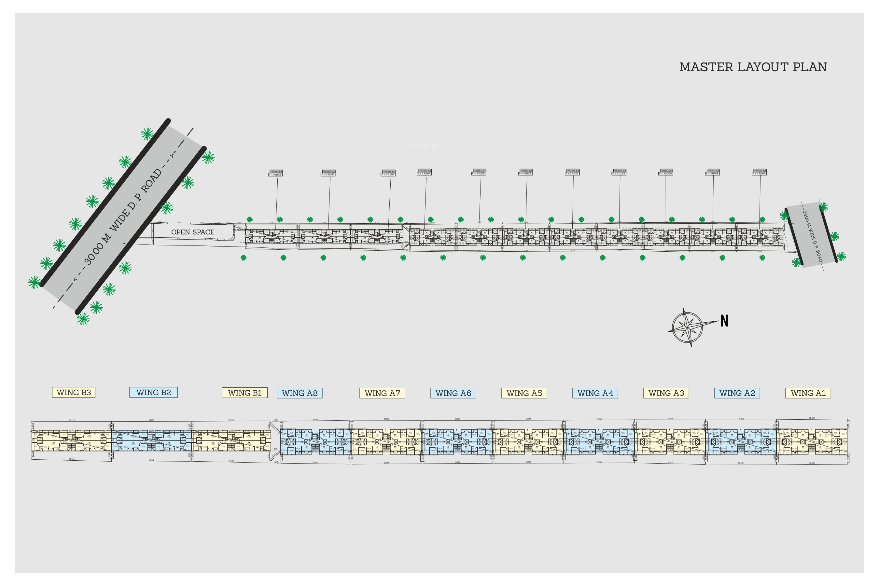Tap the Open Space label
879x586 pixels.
click(x=193, y=232)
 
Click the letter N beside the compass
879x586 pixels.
click(x=724, y=321)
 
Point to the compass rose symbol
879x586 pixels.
click(x=687, y=328)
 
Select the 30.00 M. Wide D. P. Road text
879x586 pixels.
click(x=123, y=217)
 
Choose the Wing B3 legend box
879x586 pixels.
click(x=74, y=392)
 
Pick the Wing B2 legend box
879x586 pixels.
click(x=153, y=392)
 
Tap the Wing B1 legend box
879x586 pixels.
click(x=245, y=393)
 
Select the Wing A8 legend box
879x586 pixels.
click(x=300, y=393)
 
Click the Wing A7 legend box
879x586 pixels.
click(x=382, y=393)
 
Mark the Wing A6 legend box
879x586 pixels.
click(x=453, y=393)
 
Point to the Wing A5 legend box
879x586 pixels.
click(x=524, y=393)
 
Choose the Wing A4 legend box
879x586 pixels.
click(x=595, y=393)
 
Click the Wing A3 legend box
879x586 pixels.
click(x=666, y=393)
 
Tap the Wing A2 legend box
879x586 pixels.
click(x=737, y=393)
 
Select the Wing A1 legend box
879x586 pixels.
click(x=808, y=393)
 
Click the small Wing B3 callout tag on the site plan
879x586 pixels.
click(x=276, y=173)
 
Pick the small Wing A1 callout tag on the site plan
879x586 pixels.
click(x=760, y=172)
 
